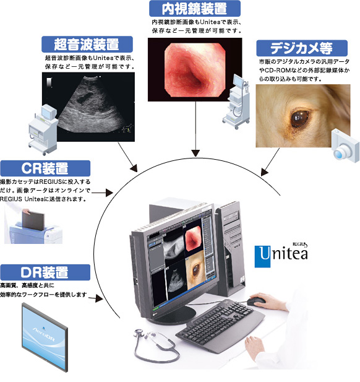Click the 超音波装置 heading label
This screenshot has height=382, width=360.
click(x=87, y=45)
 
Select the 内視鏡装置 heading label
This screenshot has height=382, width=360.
click(x=195, y=9)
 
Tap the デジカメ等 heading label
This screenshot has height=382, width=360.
click(x=302, y=48)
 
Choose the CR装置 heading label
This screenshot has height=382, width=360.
click(x=45, y=168)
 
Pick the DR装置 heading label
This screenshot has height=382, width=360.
click(x=45, y=272)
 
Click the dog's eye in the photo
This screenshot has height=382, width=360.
click(x=299, y=118)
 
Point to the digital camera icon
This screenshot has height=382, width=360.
click(x=346, y=146)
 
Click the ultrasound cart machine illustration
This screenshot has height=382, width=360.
click(x=44, y=129)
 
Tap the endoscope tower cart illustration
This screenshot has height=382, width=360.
click(x=237, y=102)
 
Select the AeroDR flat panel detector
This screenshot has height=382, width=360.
click(x=45, y=337)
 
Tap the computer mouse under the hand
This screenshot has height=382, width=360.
click(x=256, y=301)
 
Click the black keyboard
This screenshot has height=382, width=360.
click(x=220, y=321)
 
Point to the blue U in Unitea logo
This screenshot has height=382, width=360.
click(x=262, y=256)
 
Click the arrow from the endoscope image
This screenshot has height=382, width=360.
click(x=195, y=129)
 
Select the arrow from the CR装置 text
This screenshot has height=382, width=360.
click(x=102, y=193)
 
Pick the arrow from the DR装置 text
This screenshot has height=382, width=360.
click(x=96, y=298)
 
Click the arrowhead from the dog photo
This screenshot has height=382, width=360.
click(x=264, y=171)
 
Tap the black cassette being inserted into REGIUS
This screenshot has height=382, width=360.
click(x=33, y=220)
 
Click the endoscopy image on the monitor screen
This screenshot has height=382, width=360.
click(x=193, y=239)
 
